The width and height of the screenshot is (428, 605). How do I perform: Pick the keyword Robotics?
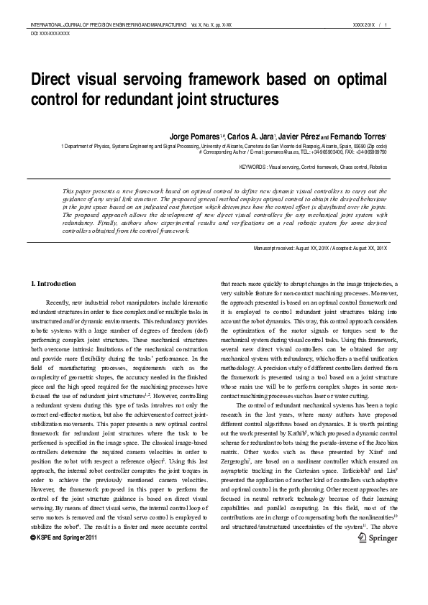[x=376, y=167]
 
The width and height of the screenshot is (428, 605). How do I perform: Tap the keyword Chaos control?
[x=342, y=167]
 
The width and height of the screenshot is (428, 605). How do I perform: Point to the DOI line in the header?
[x=50, y=34]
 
